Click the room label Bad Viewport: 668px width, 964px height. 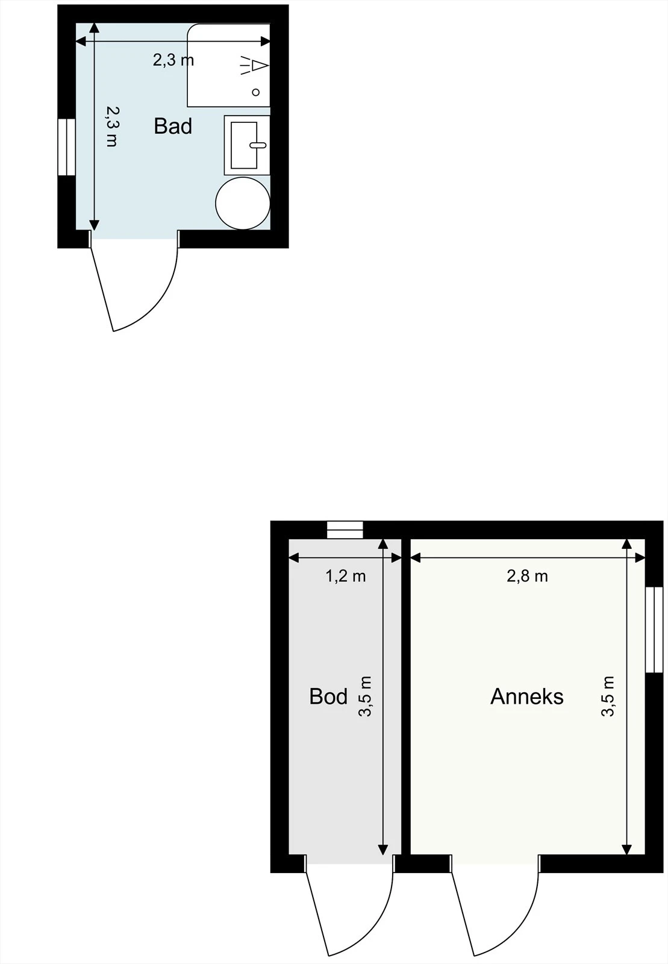[x=173, y=126]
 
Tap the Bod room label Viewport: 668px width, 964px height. [x=328, y=696]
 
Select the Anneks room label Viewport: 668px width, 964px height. [x=527, y=696]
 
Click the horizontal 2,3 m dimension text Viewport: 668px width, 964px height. [x=173, y=60]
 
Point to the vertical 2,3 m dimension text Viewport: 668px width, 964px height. [x=112, y=127]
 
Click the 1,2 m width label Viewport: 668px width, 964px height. [x=346, y=577]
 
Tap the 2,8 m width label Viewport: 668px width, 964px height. [x=527, y=577]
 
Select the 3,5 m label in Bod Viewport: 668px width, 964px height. [x=366, y=696]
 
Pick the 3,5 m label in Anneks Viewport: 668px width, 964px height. [x=608, y=696]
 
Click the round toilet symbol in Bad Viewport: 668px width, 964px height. [x=243, y=203]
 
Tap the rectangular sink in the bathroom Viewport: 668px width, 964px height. [x=246, y=145]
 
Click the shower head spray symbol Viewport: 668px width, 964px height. [x=254, y=66]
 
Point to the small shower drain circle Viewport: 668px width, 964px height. [x=256, y=92]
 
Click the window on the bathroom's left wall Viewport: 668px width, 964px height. [x=66, y=147]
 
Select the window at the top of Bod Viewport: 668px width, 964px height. [x=345, y=530]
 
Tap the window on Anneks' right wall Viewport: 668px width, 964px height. [x=654, y=629]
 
